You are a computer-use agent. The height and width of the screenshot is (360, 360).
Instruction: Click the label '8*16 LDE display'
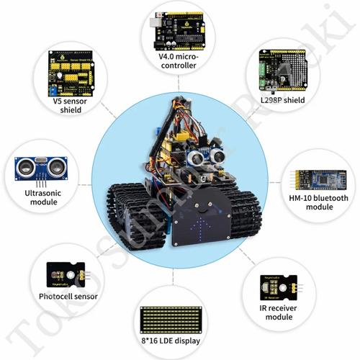pyautogui.click(x=173, y=339)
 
